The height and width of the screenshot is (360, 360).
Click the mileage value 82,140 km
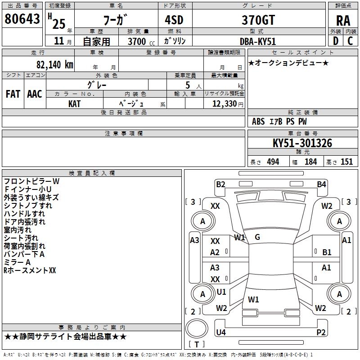click(x=52, y=64)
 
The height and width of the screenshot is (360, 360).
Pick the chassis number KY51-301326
click(x=302, y=144)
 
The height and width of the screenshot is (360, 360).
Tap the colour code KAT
click(x=75, y=103)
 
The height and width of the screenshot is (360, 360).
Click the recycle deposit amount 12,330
click(x=224, y=103)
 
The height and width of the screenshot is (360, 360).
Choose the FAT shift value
click(x=13, y=94)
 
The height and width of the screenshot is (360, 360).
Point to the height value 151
click(x=346, y=162)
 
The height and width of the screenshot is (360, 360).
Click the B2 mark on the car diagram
click(x=220, y=184)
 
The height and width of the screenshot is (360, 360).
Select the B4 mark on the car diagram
click(x=321, y=184)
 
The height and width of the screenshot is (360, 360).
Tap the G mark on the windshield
click(x=257, y=237)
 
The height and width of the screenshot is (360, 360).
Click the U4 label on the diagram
click(x=220, y=333)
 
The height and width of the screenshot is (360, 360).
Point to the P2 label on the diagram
click(x=321, y=333)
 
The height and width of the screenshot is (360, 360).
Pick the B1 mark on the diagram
click(x=327, y=252)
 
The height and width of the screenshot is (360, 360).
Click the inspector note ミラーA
click(x=17, y=262)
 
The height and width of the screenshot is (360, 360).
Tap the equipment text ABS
click(x=258, y=121)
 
